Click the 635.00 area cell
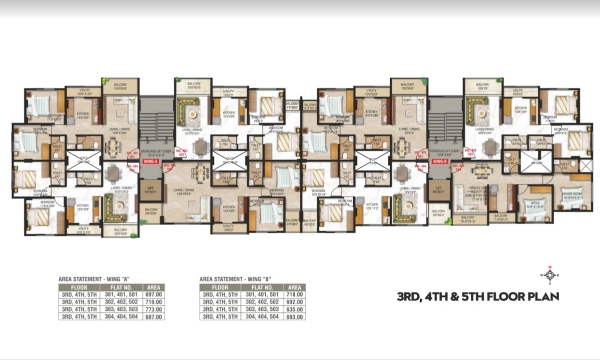coord(294,308)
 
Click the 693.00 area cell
coord(294,317)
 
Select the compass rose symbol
coord(548,275)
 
